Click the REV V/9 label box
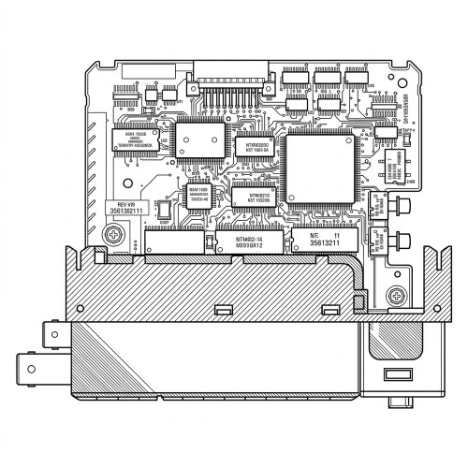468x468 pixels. (x=125, y=208)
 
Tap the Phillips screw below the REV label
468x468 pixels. (x=111, y=236)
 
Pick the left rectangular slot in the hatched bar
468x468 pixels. (x=223, y=310)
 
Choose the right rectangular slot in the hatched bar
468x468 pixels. (x=329, y=310)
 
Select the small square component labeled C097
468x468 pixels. (x=165, y=241)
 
